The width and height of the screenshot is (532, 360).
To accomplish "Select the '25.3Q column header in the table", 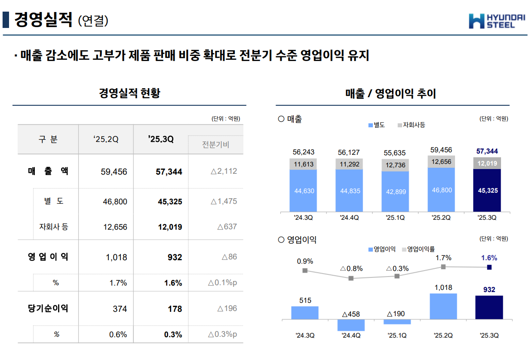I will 160,139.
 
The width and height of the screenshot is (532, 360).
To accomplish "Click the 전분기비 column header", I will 215,145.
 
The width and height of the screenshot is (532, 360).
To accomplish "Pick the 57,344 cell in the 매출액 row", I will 169,172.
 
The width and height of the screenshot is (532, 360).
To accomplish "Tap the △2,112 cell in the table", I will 224,171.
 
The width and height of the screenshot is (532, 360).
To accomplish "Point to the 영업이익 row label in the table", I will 48,257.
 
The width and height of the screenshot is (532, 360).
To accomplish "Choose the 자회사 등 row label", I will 53,227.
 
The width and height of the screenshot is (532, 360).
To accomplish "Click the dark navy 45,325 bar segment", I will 487,190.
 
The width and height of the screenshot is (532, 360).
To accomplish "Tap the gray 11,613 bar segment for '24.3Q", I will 304,164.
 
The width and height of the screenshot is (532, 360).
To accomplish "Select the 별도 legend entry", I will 376,125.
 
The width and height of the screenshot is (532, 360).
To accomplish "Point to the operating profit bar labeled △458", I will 351,325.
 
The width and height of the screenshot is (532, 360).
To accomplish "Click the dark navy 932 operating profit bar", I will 489,308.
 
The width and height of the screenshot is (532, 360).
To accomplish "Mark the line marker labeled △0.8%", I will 351,278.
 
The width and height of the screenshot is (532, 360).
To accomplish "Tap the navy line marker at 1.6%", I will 489,268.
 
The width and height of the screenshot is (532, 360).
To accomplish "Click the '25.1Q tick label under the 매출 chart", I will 395,218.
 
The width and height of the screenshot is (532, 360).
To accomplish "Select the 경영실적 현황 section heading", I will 129,93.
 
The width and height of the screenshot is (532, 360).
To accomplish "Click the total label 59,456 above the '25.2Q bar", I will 441,150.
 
